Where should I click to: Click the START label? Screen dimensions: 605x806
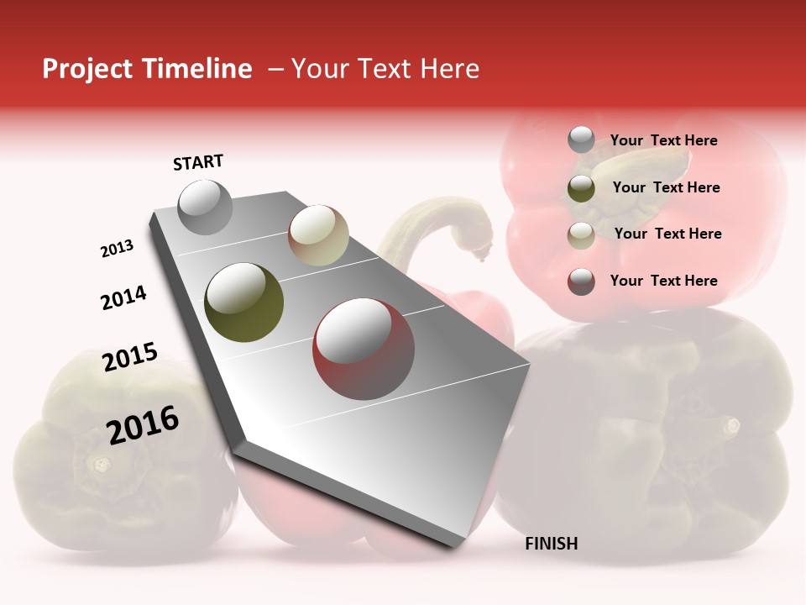tap(198, 162)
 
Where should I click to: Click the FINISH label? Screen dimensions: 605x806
tap(551, 544)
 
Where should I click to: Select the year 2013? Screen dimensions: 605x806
tap(117, 249)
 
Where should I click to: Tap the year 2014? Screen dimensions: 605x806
tap(123, 297)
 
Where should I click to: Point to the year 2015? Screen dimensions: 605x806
tap(129, 357)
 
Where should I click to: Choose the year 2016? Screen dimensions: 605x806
tap(143, 425)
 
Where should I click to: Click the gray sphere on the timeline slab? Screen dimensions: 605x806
tap(205, 207)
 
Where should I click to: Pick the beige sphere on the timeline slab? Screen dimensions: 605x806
tap(318, 235)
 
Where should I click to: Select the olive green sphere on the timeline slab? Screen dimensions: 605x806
tap(244, 302)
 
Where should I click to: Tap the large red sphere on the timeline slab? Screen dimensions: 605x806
tap(364, 347)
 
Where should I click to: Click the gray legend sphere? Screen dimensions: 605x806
tap(581, 140)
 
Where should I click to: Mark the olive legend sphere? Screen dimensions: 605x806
tap(581, 188)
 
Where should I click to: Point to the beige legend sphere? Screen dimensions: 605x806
tap(581, 235)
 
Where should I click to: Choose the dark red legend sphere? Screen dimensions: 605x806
tap(581, 281)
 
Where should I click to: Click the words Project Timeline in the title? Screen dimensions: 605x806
tap(147, 69)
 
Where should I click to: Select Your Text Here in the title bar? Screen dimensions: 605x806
tap(385, 69)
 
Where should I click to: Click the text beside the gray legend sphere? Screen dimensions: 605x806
tap(663, 141)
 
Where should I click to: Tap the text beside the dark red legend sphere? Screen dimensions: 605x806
tap(663, 281)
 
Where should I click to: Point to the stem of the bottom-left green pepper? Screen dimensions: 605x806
tap(101, 463)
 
